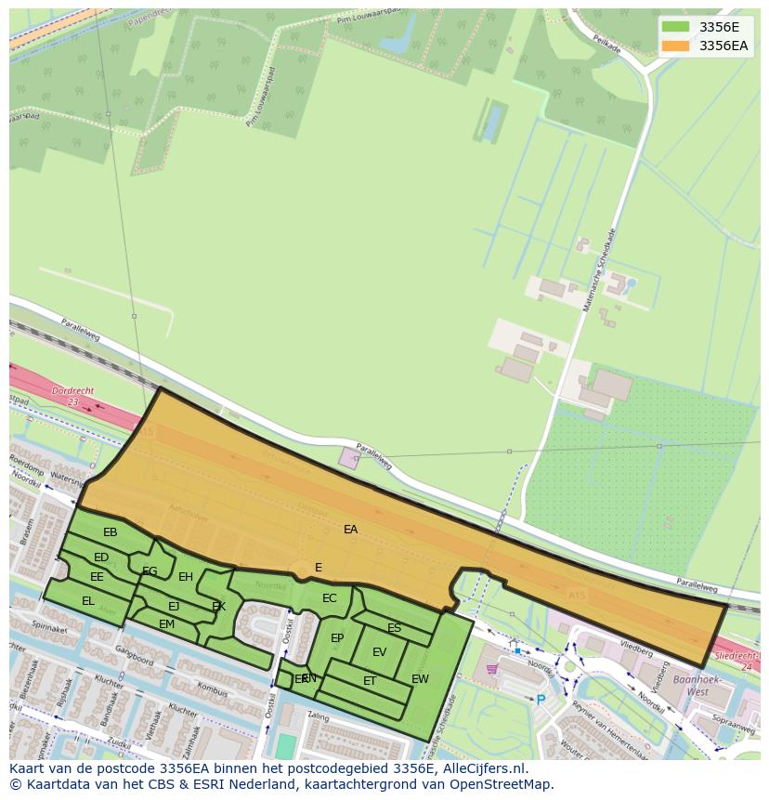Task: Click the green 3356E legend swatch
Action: click(675, 27)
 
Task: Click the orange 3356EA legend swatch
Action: click(675, 46)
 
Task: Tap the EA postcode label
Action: click(350, 530)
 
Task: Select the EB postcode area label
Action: click(111, 532)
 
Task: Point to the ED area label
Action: click(101, 557)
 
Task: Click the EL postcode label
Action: click(88, 601)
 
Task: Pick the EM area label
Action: click(166, 624)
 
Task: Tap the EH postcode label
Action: click(186, 577)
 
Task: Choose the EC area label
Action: click(330, 598)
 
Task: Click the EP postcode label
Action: click(337, 638)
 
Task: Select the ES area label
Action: click(395, 628)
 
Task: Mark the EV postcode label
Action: click(379, 652)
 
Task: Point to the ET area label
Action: click(370, 681)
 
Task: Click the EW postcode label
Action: click(420, 679)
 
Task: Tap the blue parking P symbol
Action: click(541, 699)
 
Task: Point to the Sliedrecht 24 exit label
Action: click(733, 662)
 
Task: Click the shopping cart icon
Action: click(491, 668)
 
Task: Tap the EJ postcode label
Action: click(174, 607)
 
